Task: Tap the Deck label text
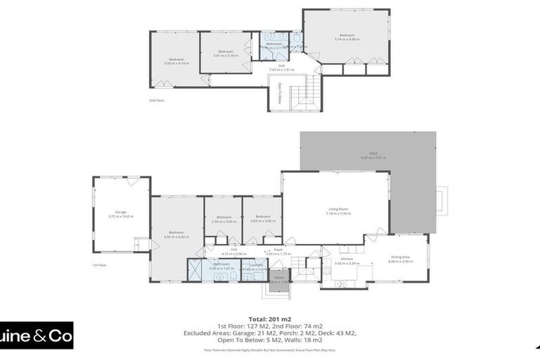373,153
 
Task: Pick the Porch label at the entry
279,277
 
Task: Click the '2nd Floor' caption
156,101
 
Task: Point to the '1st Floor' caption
99,265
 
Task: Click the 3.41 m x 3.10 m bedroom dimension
225,56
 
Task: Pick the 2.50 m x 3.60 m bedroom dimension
224,221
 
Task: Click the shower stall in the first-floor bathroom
195,271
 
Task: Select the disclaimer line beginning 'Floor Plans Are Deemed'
270,349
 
